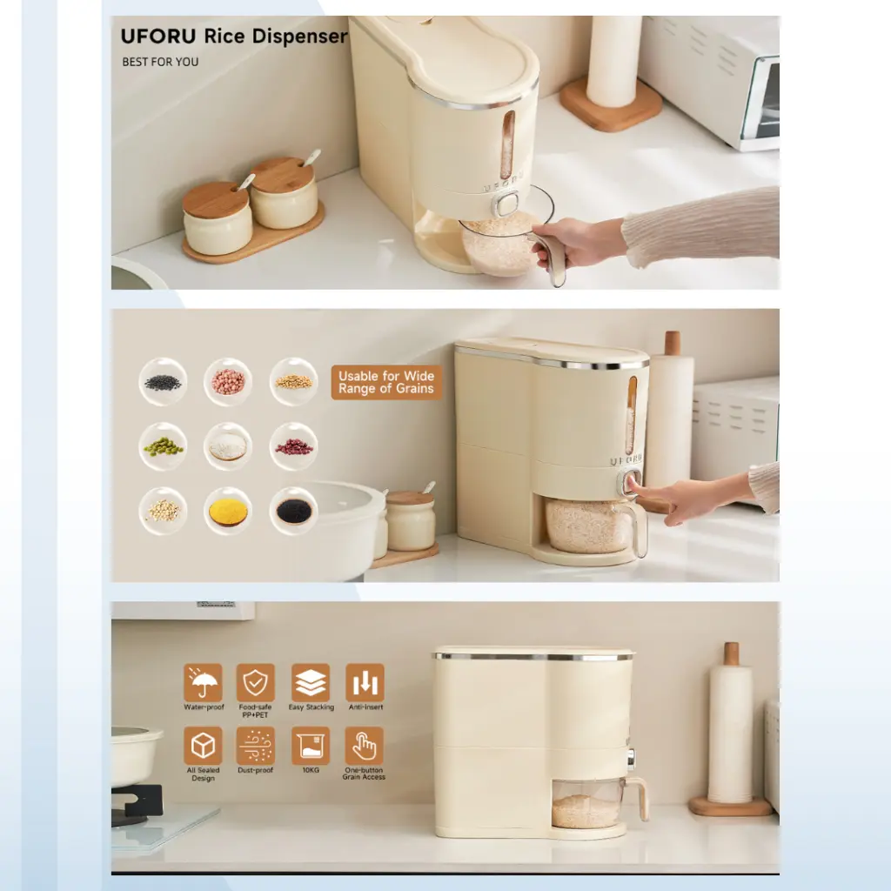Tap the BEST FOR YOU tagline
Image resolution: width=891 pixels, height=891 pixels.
[160, 62]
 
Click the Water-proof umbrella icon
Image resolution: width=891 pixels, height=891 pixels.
[203, 683]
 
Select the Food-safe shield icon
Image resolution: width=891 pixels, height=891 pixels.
[256, 683]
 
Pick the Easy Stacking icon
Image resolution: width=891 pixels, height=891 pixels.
[311, 683]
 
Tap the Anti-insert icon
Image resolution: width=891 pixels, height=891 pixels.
[365, 683]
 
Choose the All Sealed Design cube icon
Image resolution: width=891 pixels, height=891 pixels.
[203, 746]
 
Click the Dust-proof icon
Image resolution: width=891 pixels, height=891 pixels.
[256, 746]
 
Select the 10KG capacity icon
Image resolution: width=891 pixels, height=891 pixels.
[311, 746]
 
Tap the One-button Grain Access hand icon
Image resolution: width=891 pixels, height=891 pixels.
[365, 746]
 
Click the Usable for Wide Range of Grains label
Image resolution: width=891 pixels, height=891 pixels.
[386, 383]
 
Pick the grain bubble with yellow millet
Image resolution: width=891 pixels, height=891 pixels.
[228, 511]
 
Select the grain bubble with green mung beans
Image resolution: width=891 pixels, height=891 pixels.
[163, 446]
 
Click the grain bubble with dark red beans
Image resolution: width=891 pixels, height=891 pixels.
[293, 446]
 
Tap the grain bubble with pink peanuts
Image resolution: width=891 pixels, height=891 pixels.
[228, 382]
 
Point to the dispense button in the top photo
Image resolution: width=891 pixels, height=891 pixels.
[505, 204]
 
